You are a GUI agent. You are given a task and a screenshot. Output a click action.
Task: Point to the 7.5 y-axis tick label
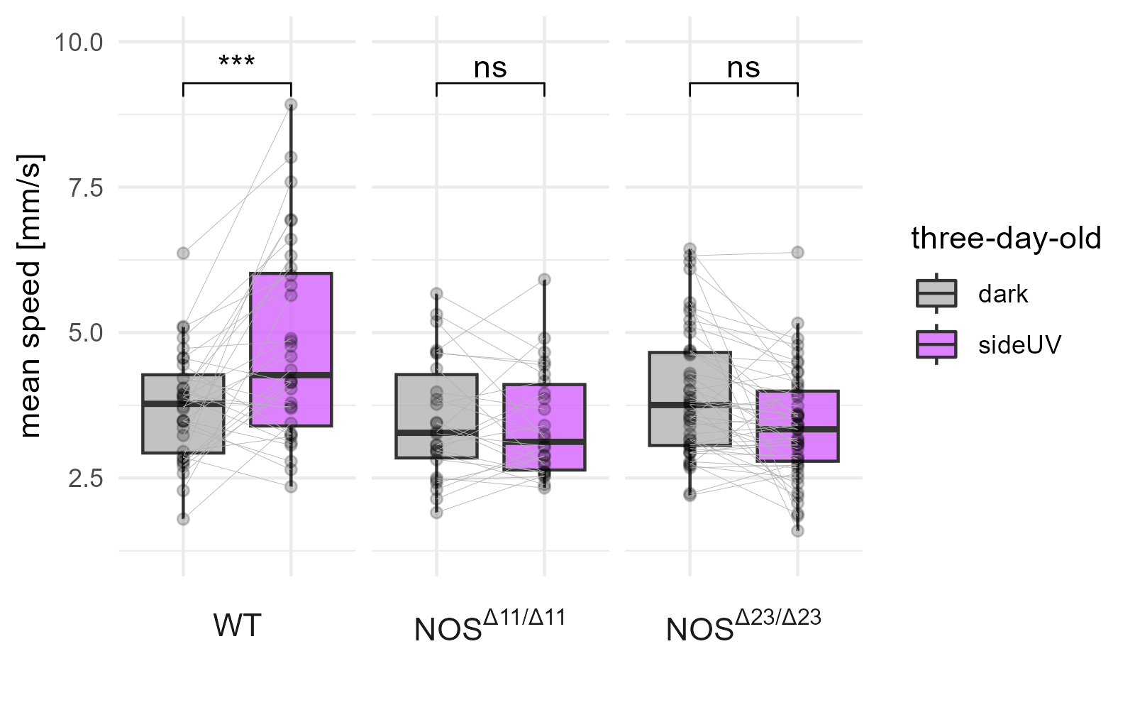pyautogui.click(x=83, y=188)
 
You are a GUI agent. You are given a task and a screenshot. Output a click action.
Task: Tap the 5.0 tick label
pyautogui.click(x=83, y=333)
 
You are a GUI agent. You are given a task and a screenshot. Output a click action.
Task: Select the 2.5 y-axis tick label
pyautogui.click(x=83, y=479)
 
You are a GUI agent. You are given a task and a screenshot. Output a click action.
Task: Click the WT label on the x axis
pyautogui.click(x=237, y=626)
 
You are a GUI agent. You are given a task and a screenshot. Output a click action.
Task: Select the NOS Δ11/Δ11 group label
pyautogui.click(x=489, y=625)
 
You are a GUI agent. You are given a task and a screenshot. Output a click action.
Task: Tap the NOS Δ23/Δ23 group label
pyautogui.click(x=743, y=625)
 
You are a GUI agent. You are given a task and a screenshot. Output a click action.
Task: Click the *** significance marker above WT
pyautogui.click(x=237, y=62)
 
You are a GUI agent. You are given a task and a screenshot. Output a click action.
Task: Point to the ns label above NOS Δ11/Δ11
pyautogui.click(x=490, y=68)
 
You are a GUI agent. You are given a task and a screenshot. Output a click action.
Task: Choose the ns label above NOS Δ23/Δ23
pyautogui.click(x=743, y=68)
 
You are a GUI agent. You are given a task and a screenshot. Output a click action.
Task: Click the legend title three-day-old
pyautogui.click(x=1006, y=239)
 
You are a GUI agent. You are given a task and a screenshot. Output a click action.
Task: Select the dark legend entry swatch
pyautogui.click(x=936, y=293)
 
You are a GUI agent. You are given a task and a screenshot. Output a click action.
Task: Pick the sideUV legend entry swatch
pyautogui.click(x=936, y=344)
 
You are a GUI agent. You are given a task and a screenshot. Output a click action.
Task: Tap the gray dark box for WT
pyautogui.click(x=183, y=426)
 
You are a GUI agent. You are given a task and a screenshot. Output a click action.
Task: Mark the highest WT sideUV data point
pyautogui.click(x=291, y=104)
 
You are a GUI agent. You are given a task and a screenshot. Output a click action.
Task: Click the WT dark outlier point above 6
pyautogui.click(x=183, y=253)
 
